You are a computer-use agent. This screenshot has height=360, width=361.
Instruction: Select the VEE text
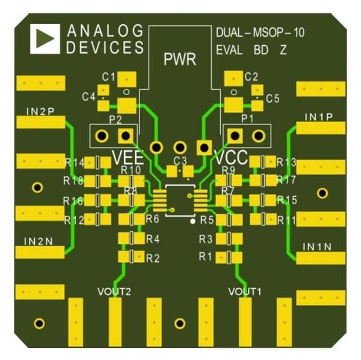[128, 158]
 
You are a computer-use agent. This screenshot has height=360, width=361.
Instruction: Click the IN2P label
[40, 111]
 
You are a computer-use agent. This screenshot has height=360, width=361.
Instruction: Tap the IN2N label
[39, 240]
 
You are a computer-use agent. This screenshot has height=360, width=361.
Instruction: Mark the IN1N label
[318, 247]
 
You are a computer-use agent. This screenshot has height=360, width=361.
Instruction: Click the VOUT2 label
[114, 291]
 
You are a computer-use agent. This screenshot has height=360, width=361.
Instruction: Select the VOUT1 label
[245, 291]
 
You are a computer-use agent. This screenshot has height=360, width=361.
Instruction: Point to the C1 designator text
[108, 77]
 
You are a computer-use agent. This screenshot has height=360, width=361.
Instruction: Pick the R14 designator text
[75, 163]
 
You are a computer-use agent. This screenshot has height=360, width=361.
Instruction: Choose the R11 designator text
[287, 220]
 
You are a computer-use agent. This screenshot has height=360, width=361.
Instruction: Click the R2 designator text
[153, 258]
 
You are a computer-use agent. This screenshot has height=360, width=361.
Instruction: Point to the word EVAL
[229, 51]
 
